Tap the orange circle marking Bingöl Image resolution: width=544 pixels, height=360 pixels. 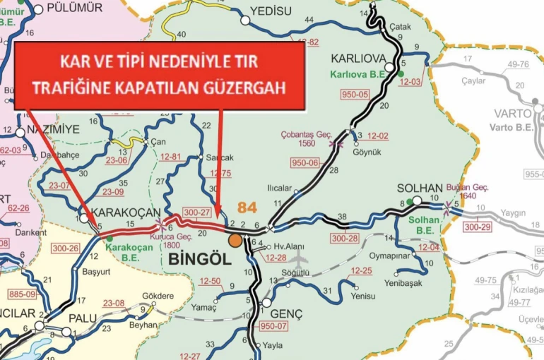tap(235, 240)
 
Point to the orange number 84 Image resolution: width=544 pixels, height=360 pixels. tap(247, 208)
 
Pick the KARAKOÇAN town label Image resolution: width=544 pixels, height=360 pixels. tap(113, 212)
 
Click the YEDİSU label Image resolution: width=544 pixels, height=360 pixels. tap(271, 11)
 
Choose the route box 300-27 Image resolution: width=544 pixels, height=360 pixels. tap(197, 212)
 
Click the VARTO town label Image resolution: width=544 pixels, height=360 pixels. tap(514, 114)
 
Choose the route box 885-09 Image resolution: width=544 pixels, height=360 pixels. tap(22, 293)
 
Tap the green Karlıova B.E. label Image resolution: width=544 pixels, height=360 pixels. tap(357, 73)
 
